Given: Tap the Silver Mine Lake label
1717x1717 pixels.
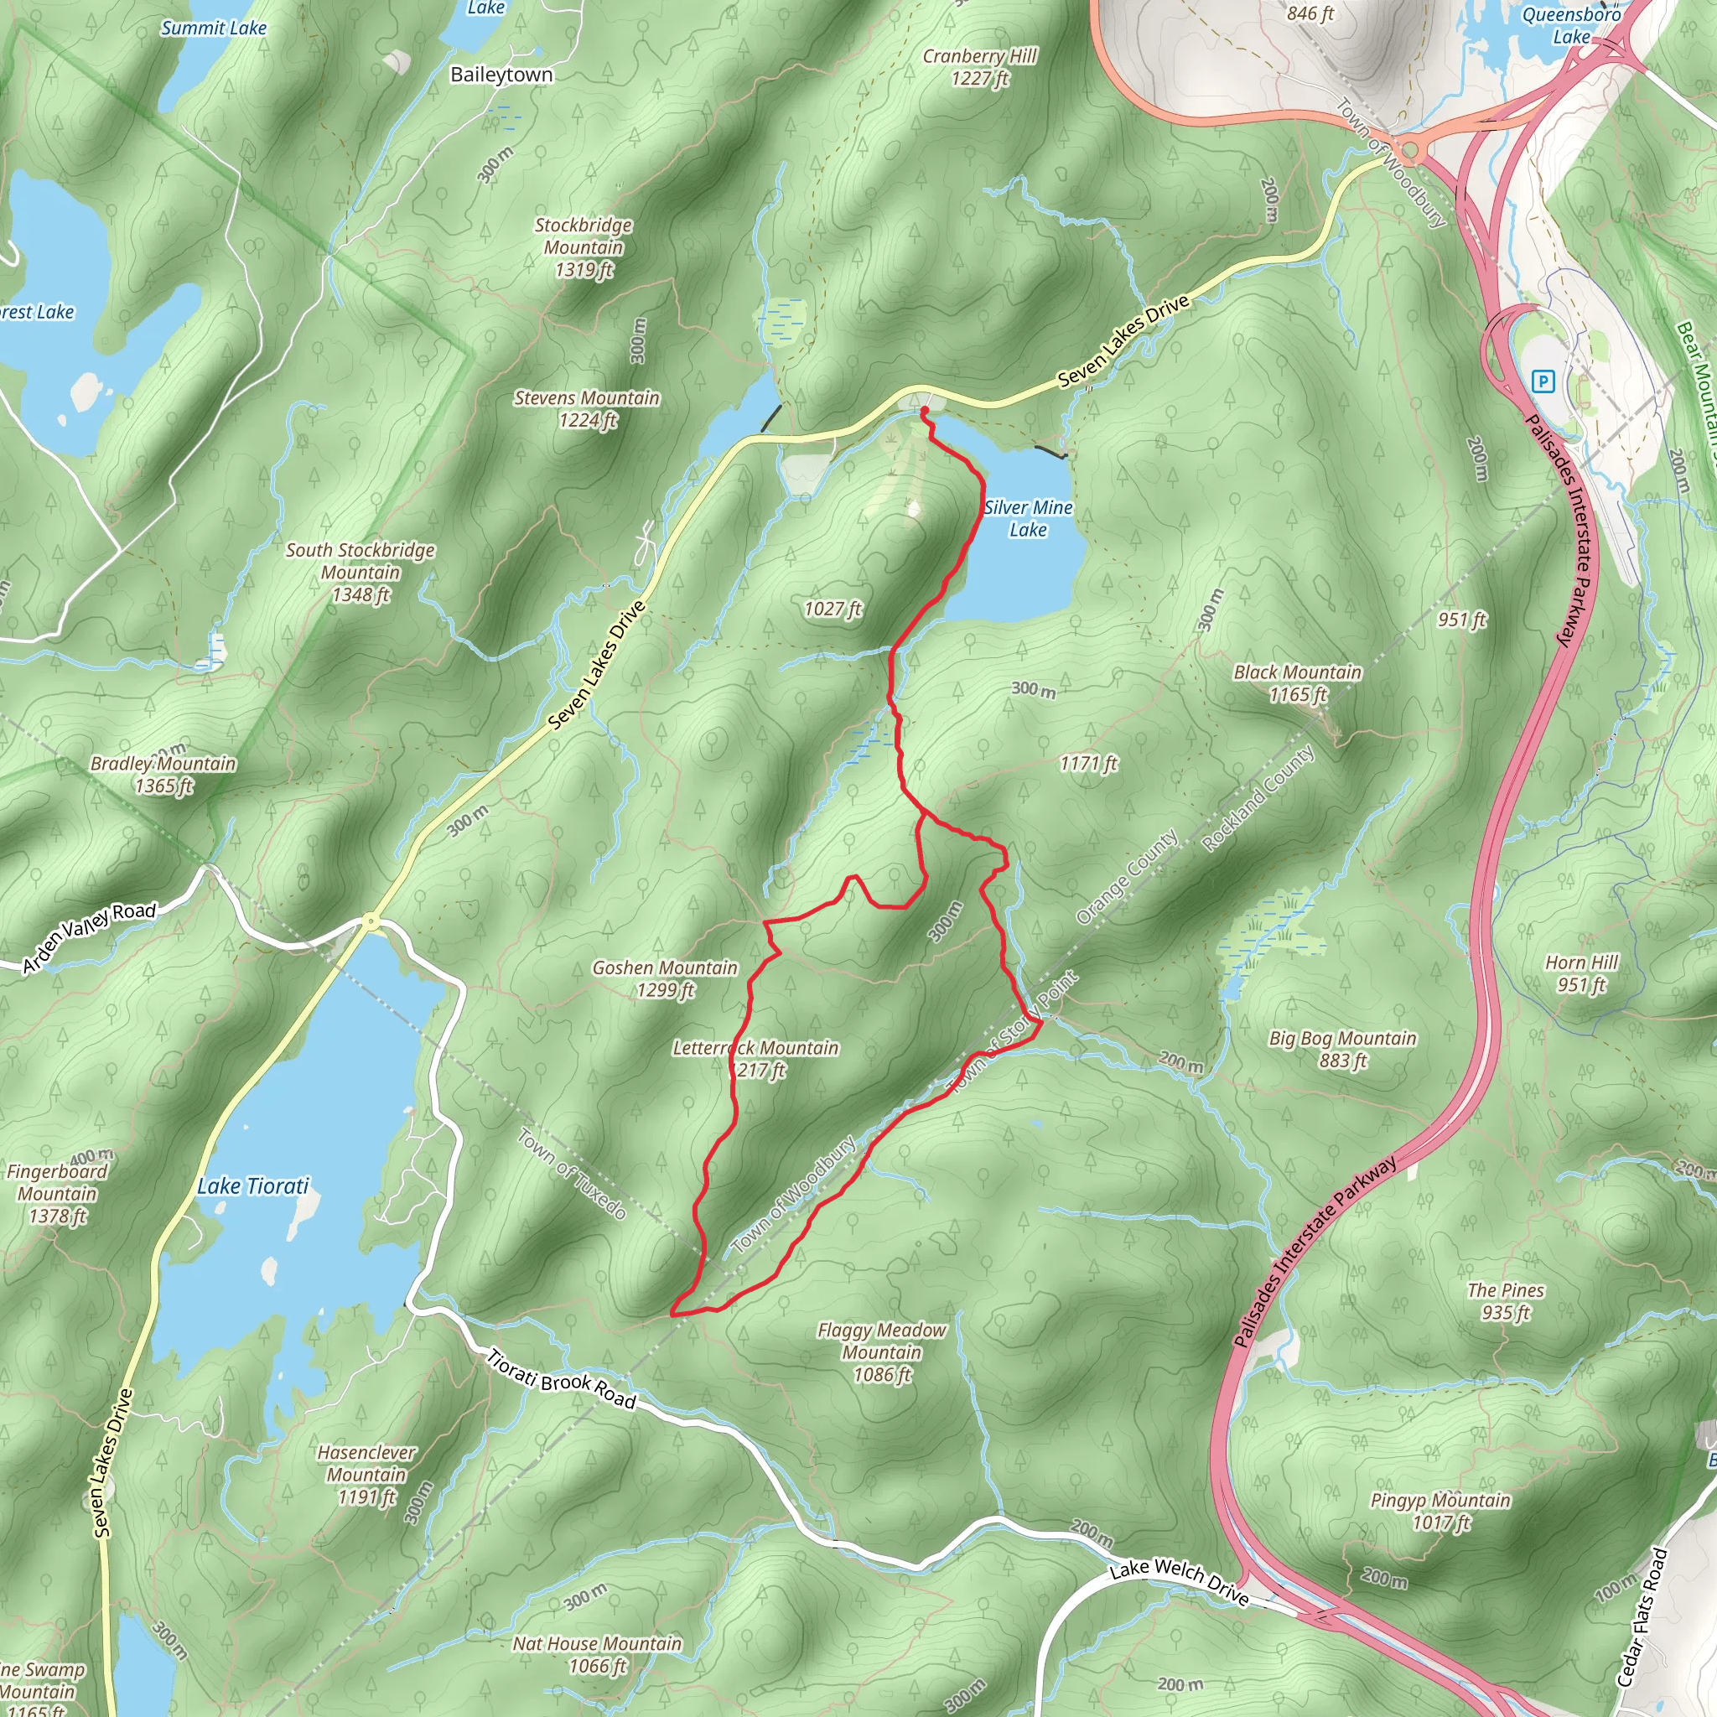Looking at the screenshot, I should coord(1028,519).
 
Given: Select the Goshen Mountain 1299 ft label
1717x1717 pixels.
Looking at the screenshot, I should coord(665,978).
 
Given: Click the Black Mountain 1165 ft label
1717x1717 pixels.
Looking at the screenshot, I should coord(1298,682).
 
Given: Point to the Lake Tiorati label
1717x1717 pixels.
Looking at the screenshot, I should coord(253,1186).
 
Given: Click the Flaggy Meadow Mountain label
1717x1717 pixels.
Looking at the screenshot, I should coord(882,1352).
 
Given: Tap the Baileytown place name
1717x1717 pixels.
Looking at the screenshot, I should coord(501,75).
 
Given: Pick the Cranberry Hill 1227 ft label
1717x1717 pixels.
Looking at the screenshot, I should coord(979,68).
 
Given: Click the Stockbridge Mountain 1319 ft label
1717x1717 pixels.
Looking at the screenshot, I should coord(583,248).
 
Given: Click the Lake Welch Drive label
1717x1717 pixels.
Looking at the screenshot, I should coord(1180,1583).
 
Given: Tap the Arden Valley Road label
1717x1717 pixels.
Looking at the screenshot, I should coord(89,937).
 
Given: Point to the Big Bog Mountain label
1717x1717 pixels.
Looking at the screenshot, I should coord(1342,1049).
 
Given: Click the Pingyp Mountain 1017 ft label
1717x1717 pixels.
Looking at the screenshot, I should coord(1439,1511).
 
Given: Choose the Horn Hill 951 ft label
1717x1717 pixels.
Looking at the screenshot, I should coord(1581,973).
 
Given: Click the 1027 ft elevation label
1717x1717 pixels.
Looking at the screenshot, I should coord(833,609).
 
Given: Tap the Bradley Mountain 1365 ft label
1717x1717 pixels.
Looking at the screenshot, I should coord(163,774).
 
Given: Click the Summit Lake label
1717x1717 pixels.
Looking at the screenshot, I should coord(213,29).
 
